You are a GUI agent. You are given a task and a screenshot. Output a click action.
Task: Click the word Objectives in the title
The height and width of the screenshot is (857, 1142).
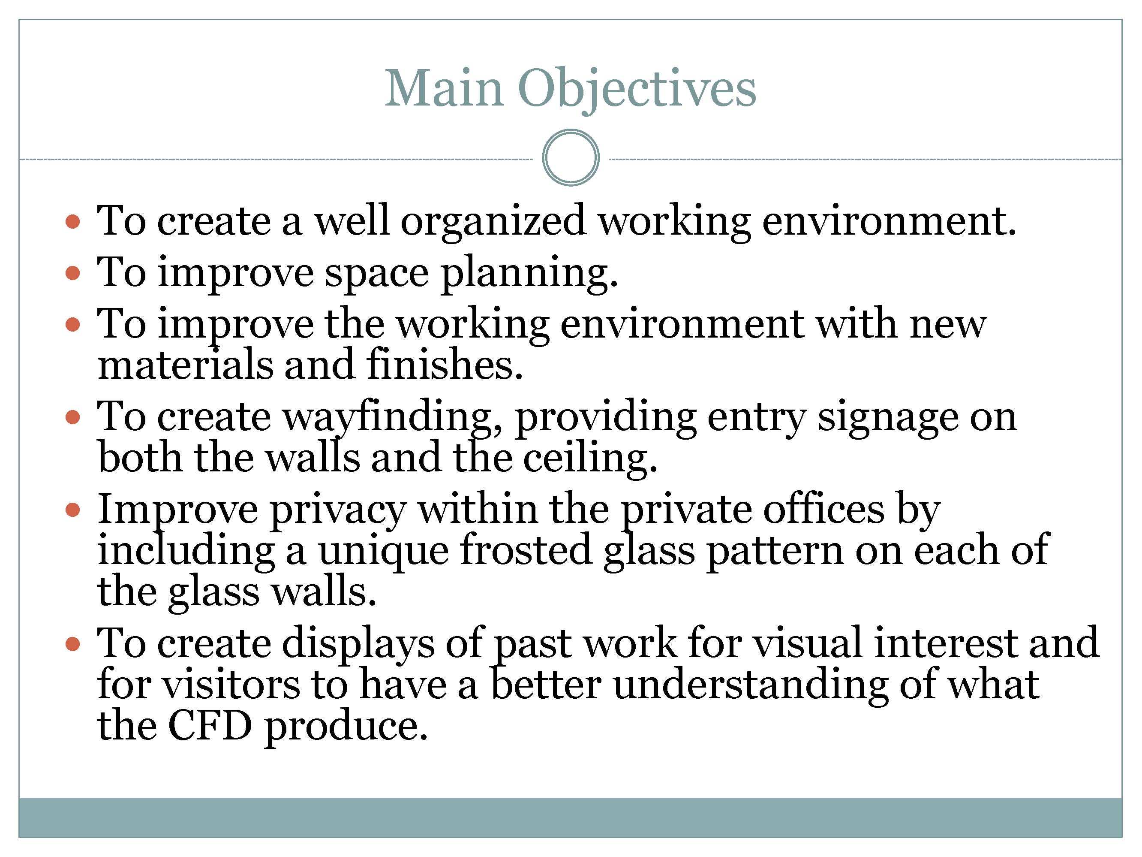point(637,91)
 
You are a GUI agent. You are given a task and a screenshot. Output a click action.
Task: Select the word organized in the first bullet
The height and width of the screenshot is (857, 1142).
point(493,223)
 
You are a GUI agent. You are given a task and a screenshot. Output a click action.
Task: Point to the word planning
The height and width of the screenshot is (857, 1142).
point(529,274)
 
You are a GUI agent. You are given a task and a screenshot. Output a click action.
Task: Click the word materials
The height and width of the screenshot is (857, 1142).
point(185,365)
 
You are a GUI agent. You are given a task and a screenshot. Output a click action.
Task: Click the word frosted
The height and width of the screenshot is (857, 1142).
point(526,550)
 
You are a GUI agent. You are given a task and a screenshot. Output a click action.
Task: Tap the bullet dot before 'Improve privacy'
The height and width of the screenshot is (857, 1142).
point(73,511)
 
